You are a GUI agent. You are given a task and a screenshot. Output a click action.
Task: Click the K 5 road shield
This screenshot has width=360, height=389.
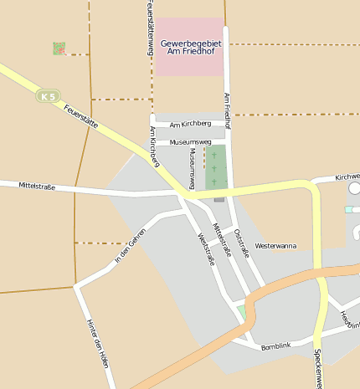(x=49, y=96)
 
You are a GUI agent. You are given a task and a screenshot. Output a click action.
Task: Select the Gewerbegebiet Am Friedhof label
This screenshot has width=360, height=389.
(x=189, y=47)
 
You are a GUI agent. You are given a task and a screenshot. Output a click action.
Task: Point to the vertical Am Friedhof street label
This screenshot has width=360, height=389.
(x=227, y=110)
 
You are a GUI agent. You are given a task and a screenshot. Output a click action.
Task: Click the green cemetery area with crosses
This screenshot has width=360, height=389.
(x=216, y=167)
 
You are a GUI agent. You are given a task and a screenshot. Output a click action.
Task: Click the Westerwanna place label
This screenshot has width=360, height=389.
(x=275, y=246)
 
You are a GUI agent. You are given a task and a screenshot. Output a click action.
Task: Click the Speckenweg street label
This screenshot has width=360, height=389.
(x=317, y=368)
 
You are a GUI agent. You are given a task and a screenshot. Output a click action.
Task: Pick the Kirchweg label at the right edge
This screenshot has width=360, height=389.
(x=347, y=177)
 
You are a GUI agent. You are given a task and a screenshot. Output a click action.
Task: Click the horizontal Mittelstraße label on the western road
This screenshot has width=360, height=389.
(x=37, y=187)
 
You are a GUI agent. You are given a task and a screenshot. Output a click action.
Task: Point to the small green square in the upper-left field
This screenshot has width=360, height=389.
(x=59, y=49)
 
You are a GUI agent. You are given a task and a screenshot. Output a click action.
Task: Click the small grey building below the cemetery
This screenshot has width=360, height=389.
(x=219, y=199)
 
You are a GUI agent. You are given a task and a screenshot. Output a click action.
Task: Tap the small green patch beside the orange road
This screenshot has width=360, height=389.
(x=242, y=312)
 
